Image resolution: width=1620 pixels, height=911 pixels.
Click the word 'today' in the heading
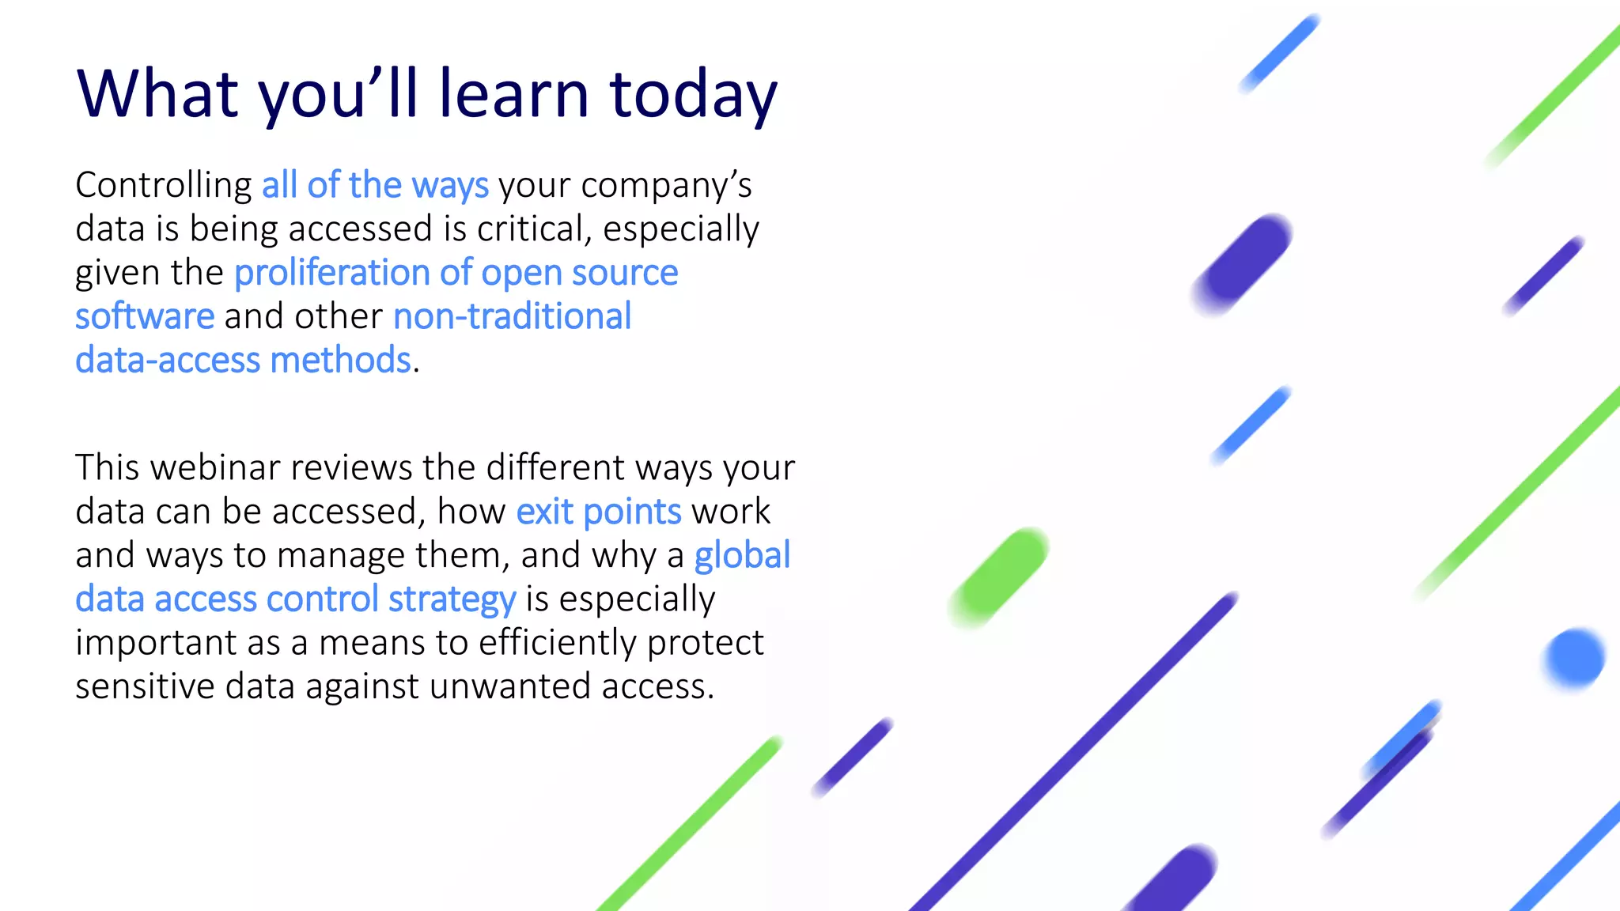[693, 95]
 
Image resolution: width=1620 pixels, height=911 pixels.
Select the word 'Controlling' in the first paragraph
[163, 186]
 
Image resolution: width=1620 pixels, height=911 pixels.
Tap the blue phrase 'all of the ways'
[375, 186]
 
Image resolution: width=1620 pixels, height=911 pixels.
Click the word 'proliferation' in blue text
[331, 273]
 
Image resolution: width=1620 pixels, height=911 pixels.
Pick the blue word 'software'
[145, 316]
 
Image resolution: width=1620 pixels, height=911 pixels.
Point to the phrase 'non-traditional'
[512, 316]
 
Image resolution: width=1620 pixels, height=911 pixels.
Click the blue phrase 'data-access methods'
[243, 361]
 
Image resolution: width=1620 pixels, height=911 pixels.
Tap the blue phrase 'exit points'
[598, 512]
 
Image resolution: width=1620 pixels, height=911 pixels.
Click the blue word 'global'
[742, 555]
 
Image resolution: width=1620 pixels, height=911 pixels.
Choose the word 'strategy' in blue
[452, 599]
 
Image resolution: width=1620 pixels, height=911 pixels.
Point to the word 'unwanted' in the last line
[510, 686]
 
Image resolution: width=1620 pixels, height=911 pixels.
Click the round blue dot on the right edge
[1573, 658]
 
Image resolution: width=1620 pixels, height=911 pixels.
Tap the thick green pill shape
[999, 577]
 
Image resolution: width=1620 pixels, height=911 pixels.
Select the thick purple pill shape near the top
[1242, 264]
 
